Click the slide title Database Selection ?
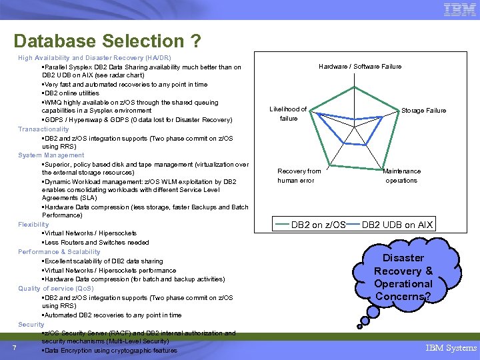[x=107, y=41]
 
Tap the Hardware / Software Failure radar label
[x=360, y=67]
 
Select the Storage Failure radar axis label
[x=423, y=111]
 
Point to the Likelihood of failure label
[x=288, y=114]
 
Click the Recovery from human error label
[x=299, y=176]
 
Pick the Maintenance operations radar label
[x=401, y=176]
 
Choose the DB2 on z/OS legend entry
[x=318, y=225]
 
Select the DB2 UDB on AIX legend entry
[x=397, y=225]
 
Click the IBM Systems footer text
[x=451, y=347]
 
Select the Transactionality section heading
[x=43, y=129]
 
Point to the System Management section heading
[x=51, y=155]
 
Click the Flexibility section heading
[x=33, y=225]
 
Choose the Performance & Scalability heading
[x=59, y=252]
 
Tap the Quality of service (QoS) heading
[x=56, y=289]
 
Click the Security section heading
[x=31, y=324]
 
